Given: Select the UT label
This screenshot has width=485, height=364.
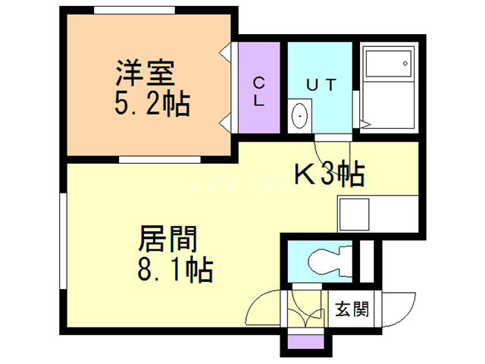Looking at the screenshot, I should (x=319, y=84).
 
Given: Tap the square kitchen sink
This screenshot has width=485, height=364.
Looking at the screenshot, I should (x=354, y=214).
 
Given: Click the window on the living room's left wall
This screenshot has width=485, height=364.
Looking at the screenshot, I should (x=62, y=239).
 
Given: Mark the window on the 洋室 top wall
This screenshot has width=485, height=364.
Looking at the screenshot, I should (x=129, y=11).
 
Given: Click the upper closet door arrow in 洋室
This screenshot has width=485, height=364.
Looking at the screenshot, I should (x=226, y=54).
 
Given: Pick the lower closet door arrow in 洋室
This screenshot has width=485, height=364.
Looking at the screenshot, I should (x=226, y=121).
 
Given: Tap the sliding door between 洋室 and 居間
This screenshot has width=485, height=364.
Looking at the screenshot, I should (x=159, y=159).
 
